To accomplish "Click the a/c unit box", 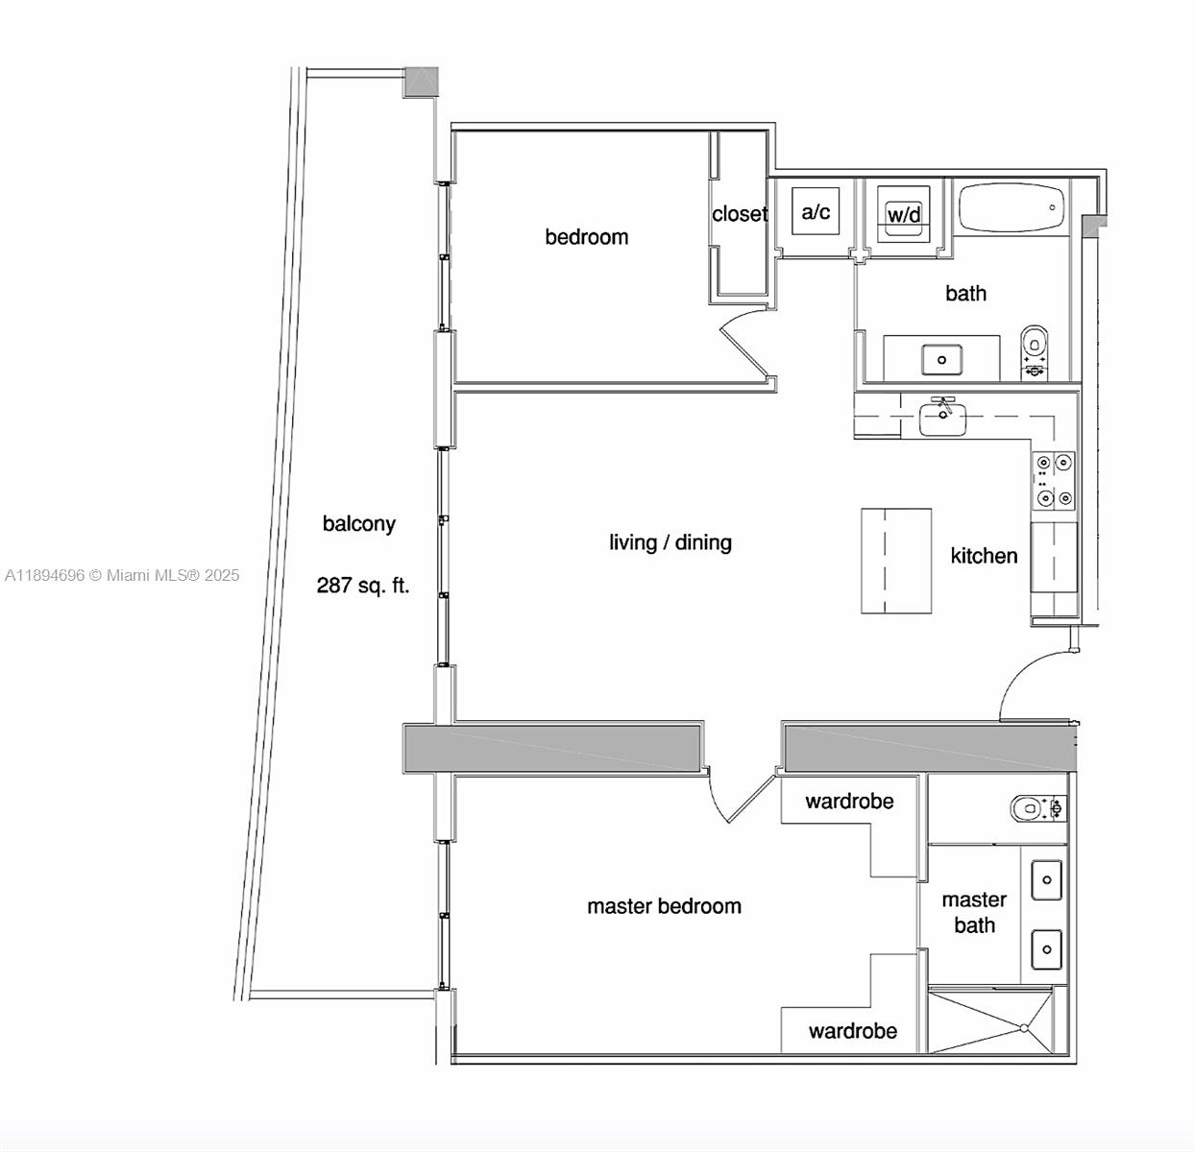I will [x=816, y=211].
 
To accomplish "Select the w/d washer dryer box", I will [x=903, y=211].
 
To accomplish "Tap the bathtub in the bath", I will [x=1011, y=207].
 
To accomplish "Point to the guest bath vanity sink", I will [x=941, y=360].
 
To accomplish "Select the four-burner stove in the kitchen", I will [x=1053, y=480].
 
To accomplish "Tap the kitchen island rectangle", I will [x=895, y=561].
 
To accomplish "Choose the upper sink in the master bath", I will [x=1046, y=880].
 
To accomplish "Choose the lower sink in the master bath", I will [x=1046, y=949].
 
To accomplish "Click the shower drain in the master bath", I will [x=1024, y=1028].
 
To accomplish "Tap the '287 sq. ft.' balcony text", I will [x=363, y=585].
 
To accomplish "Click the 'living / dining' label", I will [x=670, y=542].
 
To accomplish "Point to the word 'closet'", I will [x=739, y=214].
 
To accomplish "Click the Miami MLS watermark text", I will [x=122, y=575].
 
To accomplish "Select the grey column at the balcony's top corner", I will [x=420, y=82].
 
